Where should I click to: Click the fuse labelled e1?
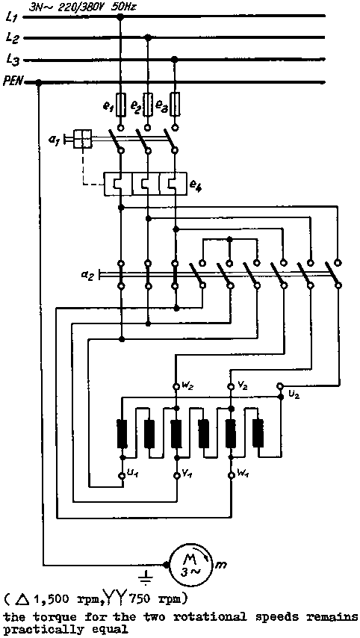120,103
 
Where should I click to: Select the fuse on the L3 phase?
175,103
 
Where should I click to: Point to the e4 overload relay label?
196,187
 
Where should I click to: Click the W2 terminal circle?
176,385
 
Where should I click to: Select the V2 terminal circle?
230,385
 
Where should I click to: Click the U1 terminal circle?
122,475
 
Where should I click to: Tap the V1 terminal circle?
176,475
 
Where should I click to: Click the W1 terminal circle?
230,475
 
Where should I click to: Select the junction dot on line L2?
148,37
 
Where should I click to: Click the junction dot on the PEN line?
39,83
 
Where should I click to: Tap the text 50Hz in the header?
125,7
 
